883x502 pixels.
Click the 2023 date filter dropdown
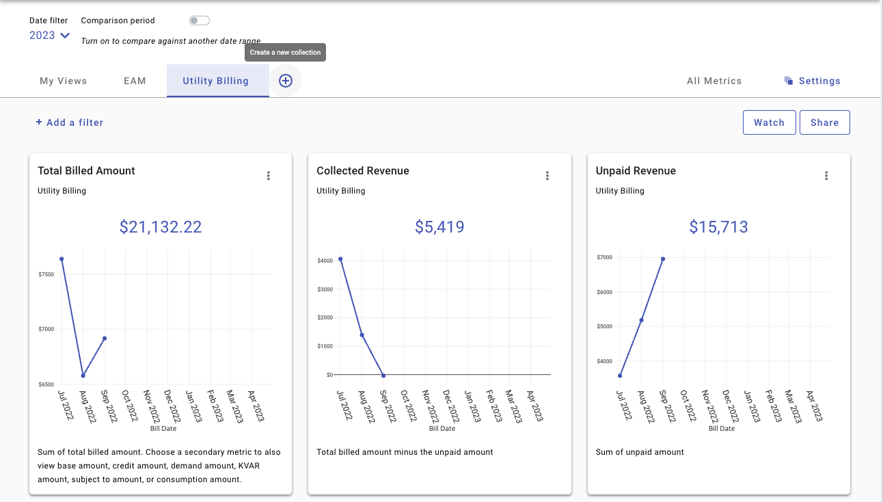coord(49,36)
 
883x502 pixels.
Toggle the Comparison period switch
coord(199,21)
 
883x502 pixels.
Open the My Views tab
coord(64,81)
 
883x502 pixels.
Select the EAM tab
coord(135,81)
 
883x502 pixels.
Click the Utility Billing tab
coord(216,81)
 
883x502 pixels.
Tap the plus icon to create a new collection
coord(286,81)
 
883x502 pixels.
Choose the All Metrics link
coord(714,81)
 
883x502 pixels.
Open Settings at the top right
coord(813,81)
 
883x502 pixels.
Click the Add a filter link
coord(70,122)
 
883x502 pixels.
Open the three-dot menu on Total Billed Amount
coord(269,176)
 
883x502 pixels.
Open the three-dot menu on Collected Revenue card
coord(547,176)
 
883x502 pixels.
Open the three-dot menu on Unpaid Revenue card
coord(826,176)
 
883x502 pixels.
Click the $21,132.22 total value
coord(161,227)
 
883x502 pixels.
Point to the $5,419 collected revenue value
coord(439,227)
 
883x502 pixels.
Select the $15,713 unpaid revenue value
coord(718,227)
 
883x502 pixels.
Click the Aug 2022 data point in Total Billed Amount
coord(83,375)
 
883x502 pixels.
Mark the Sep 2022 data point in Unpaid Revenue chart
coord(663,259)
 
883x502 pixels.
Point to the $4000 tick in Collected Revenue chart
coord(325,261)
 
